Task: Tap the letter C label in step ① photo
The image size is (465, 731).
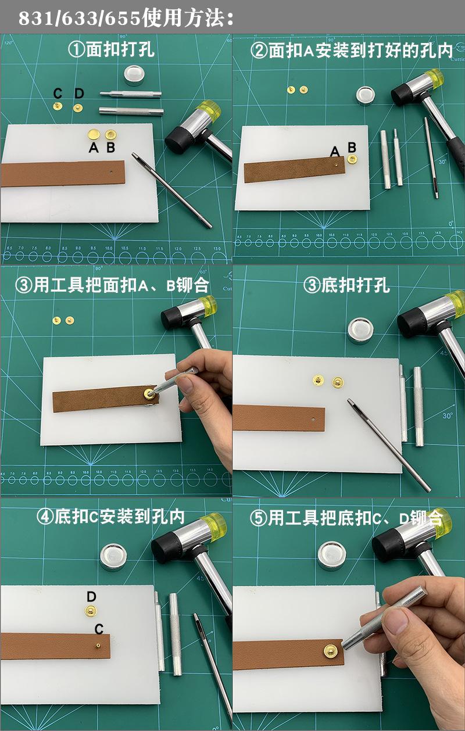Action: (58, 93)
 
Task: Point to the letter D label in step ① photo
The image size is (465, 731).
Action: (80, 93)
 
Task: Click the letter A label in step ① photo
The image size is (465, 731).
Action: (94, 148)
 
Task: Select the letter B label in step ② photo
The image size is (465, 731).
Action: (352, 146)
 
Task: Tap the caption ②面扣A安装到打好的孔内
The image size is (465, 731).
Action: (351, 51)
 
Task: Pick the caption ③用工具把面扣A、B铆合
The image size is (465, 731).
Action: (112, 285)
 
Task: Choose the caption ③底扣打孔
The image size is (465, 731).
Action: (347, 285)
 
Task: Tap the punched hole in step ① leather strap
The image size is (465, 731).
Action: (111, 172)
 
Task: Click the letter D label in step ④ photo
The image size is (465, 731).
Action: (91, 597)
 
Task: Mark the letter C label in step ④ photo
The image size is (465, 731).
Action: (99, 629)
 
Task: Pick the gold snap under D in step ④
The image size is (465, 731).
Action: (91, 610)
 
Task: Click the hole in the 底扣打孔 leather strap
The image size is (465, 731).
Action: (313, 418)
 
